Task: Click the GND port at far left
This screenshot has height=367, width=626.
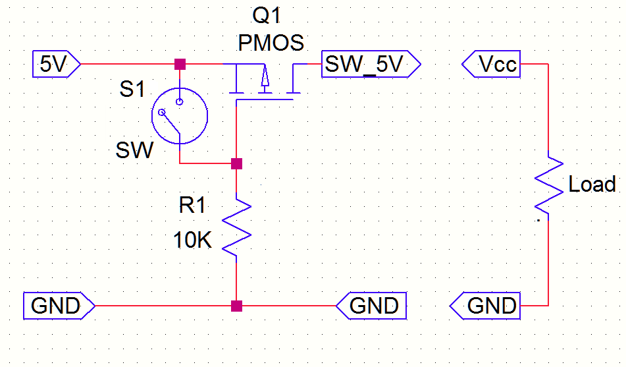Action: tap(57, 306)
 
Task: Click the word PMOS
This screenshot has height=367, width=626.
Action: tap(271, 43)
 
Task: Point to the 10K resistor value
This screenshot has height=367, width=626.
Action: tap(192, 240)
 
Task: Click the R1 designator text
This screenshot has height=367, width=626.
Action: tap(192, 206)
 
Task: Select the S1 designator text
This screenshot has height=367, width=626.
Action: tap(132, 89)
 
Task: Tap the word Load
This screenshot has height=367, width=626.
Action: tap(592, 184)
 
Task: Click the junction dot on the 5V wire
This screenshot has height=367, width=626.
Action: tap(179, 65)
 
